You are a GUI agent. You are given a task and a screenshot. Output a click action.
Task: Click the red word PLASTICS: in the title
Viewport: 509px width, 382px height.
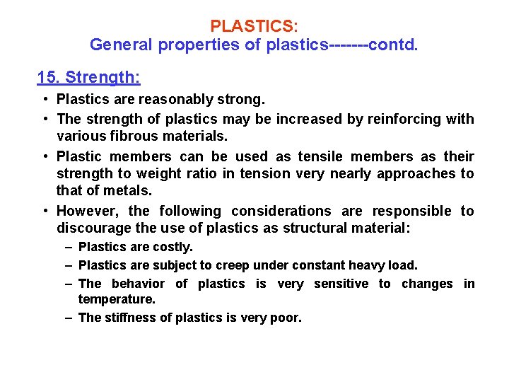coord(254,26)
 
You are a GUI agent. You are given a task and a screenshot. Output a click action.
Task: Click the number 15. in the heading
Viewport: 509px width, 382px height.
coord(49,76)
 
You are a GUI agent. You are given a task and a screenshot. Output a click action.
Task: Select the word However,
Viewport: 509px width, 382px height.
coord(88,211)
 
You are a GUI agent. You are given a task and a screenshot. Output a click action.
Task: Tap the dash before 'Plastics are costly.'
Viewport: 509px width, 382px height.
coord(69,247)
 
